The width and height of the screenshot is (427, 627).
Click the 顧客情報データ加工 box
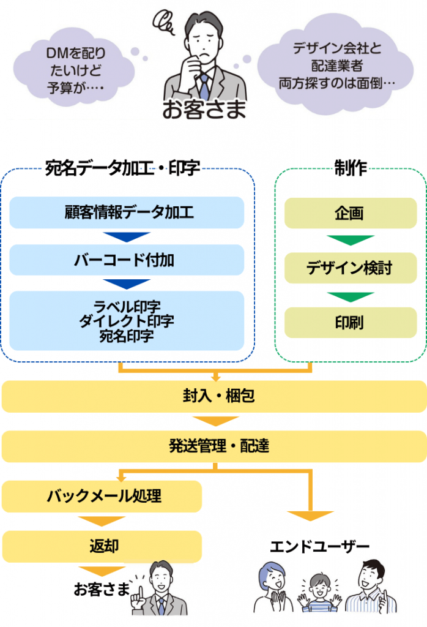127,212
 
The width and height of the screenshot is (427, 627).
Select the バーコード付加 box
127,260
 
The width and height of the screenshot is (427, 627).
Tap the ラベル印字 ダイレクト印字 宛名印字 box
127,320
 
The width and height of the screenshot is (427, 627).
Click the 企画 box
350,213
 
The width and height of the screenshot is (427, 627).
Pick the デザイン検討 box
350,268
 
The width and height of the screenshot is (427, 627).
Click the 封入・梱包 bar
213,396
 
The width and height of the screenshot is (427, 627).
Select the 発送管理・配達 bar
213,446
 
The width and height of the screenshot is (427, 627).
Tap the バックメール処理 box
102,496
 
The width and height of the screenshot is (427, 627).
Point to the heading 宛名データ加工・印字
122,168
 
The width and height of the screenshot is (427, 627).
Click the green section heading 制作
350,168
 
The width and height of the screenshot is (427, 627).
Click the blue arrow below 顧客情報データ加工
127,236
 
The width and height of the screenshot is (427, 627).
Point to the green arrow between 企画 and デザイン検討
350,240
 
